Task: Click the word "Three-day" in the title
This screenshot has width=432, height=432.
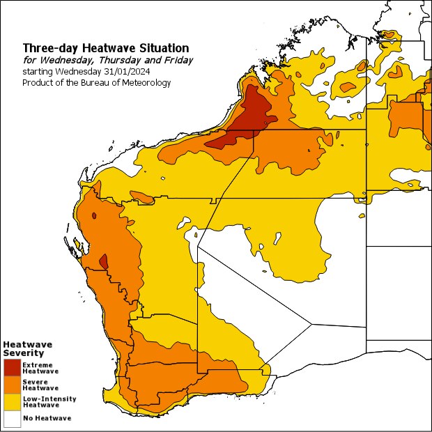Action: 51,48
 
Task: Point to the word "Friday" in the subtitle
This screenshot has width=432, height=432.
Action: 177,60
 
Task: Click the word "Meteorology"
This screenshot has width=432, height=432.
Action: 146,82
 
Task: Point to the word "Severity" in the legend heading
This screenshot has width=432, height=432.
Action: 19,353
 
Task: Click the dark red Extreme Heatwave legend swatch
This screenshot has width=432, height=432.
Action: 11,368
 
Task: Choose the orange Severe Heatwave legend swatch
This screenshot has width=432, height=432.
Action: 11,385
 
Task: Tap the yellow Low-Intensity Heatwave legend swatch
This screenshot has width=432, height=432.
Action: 11,401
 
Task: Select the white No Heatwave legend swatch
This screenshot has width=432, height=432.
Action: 11,418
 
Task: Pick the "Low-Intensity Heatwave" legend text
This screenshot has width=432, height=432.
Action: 49,401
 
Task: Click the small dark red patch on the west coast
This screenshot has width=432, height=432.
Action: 104,261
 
